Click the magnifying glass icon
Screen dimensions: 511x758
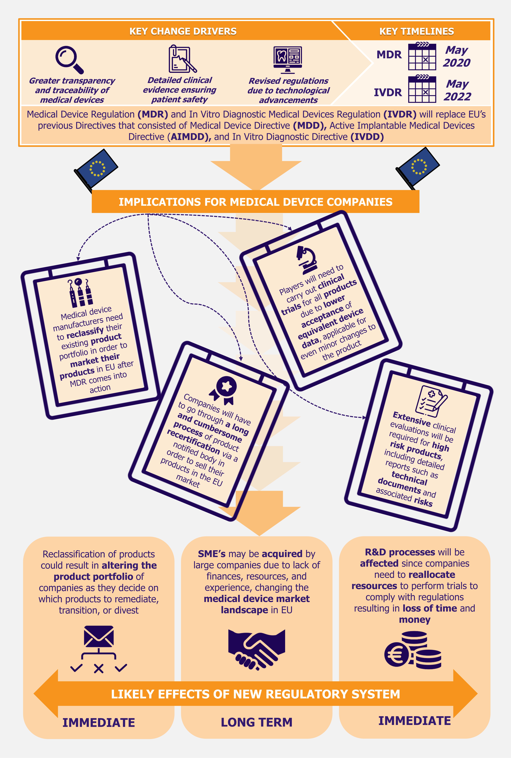tap(69, 60)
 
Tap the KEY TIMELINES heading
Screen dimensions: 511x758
tap(416, 31)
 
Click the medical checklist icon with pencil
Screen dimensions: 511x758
tap(431, 401)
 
